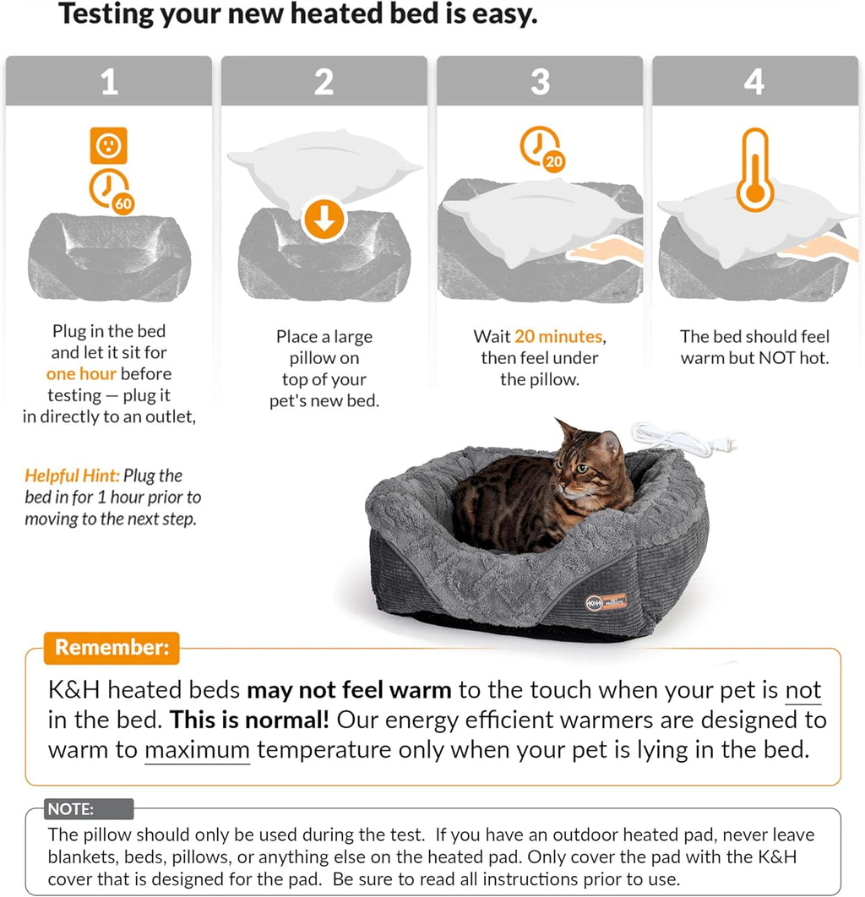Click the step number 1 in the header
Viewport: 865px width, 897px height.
click(x=109, y=82)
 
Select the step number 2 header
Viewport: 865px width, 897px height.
click(x=324, y=82)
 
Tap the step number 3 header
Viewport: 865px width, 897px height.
click(x=540, y=82)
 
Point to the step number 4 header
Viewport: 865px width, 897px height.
click(x=754, y=82)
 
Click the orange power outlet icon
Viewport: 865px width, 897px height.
click(x=108, y=146)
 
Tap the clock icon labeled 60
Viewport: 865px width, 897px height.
click(x=112, y=189)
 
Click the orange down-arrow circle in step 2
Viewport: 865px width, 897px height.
click(x=324, y=220)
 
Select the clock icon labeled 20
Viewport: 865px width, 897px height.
click(x=542, y=149)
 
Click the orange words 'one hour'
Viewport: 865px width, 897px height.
click(x=80, y=374)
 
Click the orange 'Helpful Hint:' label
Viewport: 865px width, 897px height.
click(x=71, y=476)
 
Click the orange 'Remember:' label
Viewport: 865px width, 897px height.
click(x=112, y=648)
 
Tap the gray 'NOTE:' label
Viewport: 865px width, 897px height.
click(x=71, y=809)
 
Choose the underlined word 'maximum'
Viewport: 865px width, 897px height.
click(x=197, y=750)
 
